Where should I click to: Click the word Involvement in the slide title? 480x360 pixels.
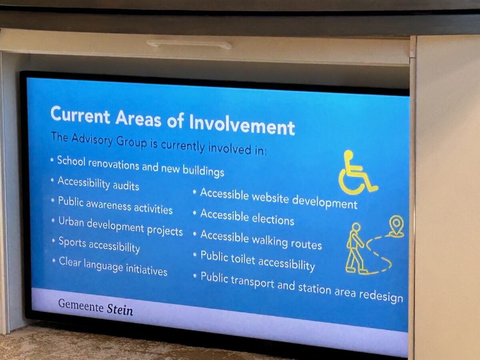(242, 124)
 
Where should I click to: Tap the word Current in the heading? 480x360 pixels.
(80, 114)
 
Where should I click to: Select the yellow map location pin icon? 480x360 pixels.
(396, 226)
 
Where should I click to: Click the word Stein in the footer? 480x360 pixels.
(120, 310)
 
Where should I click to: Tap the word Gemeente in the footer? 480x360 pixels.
(81, 306)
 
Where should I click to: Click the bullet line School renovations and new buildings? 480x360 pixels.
(141, 166)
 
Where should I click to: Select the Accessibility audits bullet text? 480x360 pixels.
(98, 184)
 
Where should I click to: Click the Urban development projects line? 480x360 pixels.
(120, 227)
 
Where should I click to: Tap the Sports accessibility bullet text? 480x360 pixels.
(99, 244)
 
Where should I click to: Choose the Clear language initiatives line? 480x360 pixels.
(113, 267)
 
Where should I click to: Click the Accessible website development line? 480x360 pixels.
(279, 198)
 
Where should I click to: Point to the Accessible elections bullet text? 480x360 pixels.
(247, 217)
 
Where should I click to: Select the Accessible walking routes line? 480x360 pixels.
(261, 240)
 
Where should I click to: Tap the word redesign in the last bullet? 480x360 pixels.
(381, 296)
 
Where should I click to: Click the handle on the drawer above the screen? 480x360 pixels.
(189, 44)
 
